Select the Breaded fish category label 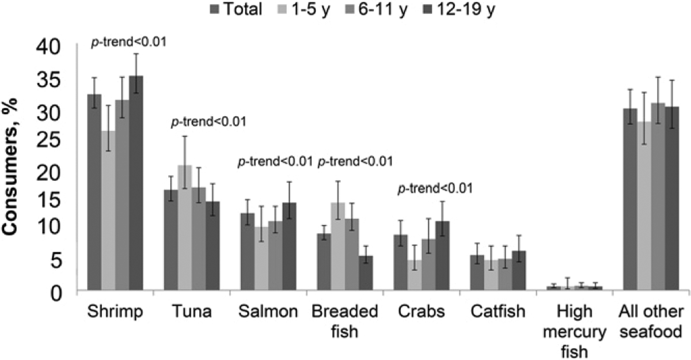345,323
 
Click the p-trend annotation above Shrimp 130,41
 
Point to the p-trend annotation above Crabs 435,188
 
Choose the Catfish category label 498,312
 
